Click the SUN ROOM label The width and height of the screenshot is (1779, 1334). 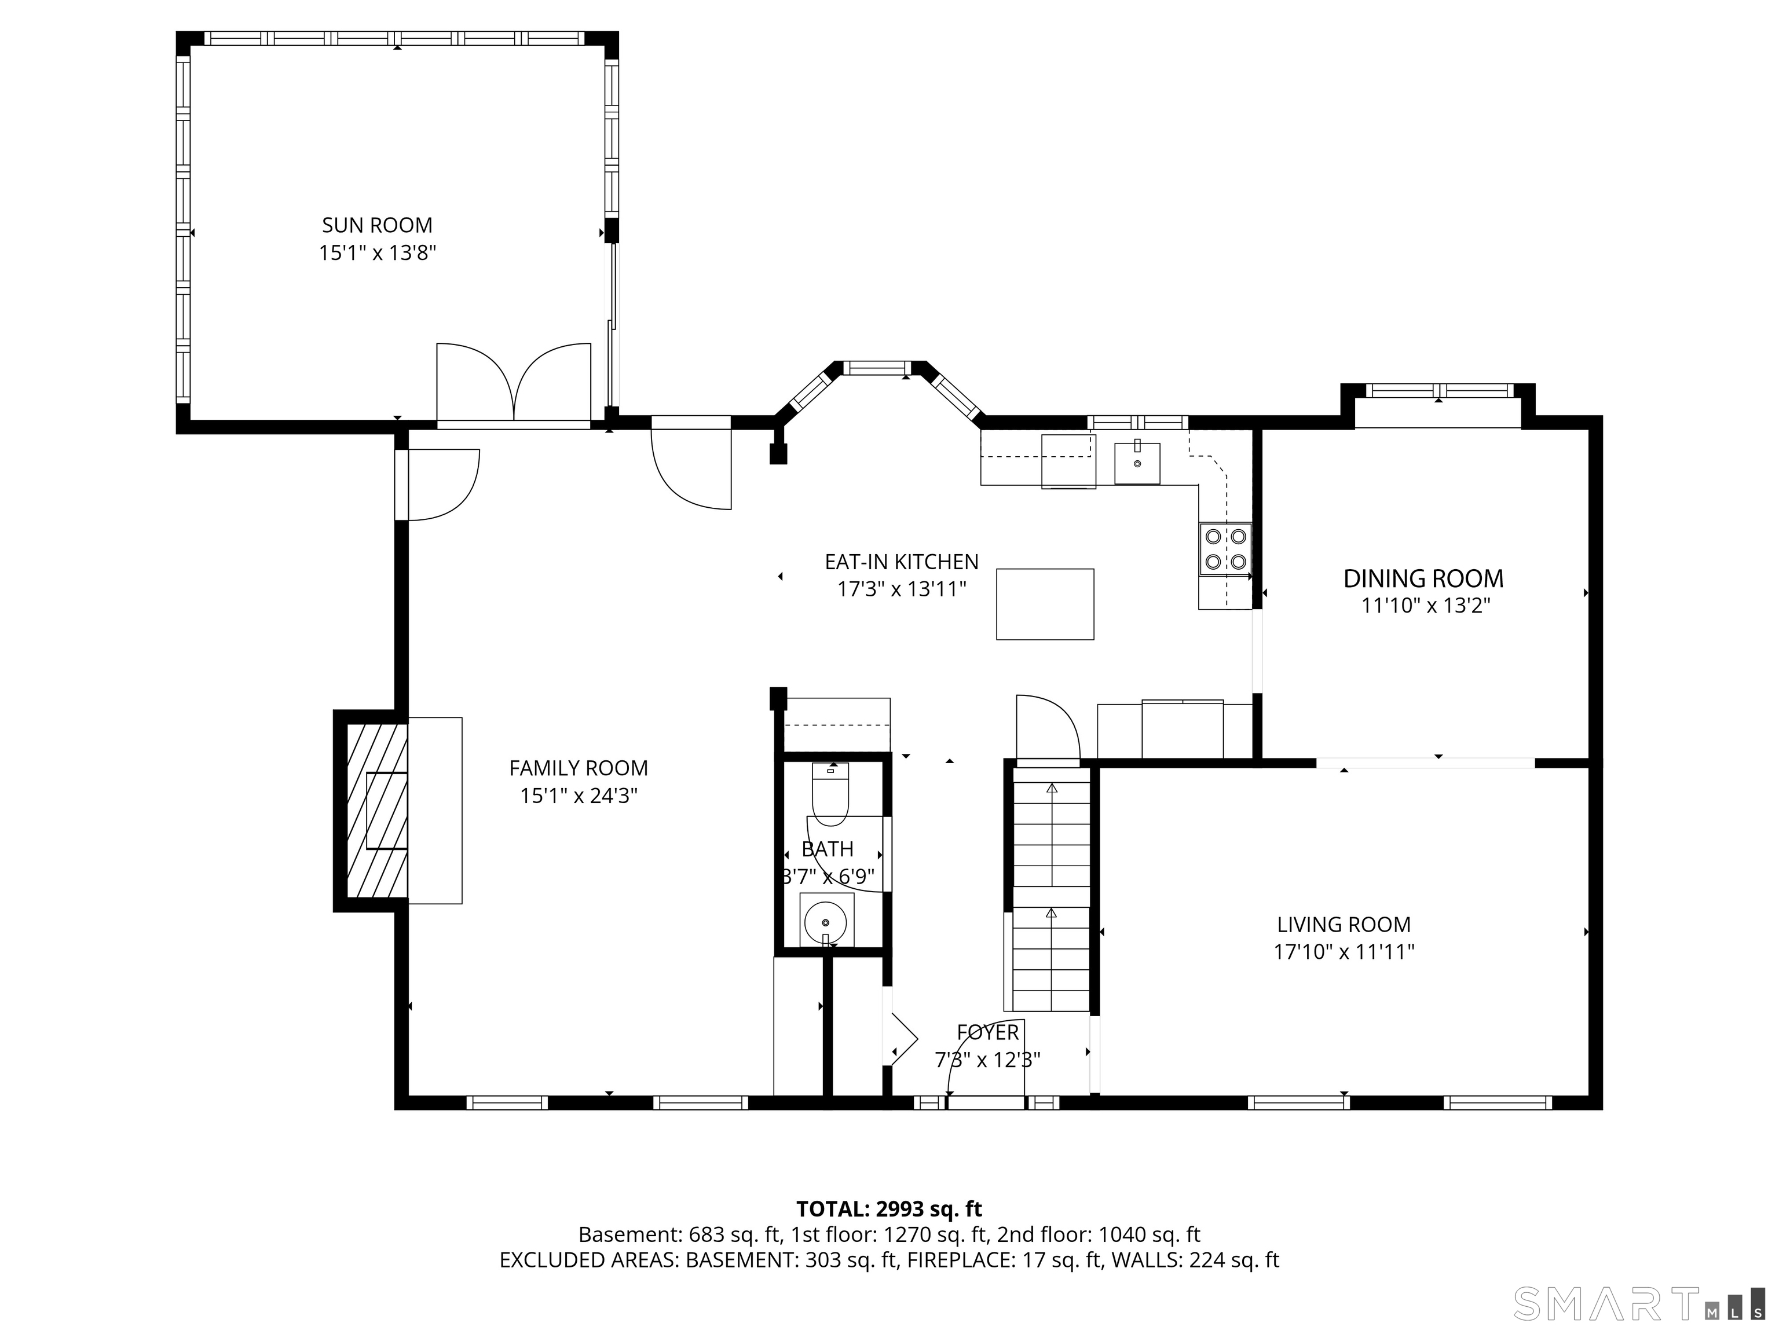coord(377,225)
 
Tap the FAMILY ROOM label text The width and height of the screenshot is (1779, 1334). coord(579,768)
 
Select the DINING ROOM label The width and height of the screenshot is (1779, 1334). coord(1423,578)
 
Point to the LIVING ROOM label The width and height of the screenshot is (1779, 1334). coord(1344,925)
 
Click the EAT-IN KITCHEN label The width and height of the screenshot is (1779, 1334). coord(902,561)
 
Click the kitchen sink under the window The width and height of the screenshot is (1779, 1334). coord(1137,463)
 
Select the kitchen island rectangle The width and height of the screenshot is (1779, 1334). coord(1045,604)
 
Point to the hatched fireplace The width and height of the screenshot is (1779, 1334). coord(376,811)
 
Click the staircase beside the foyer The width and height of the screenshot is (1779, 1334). coord(1051,889)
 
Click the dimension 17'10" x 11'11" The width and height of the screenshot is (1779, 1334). coord(1344,952)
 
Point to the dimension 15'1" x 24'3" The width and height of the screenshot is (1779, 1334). coord(579,796)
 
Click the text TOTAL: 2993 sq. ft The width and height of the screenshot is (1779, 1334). coord(889,1231)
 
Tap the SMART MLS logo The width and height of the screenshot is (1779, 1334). coord(1641,1303)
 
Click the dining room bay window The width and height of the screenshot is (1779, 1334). coord(1438,391)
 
